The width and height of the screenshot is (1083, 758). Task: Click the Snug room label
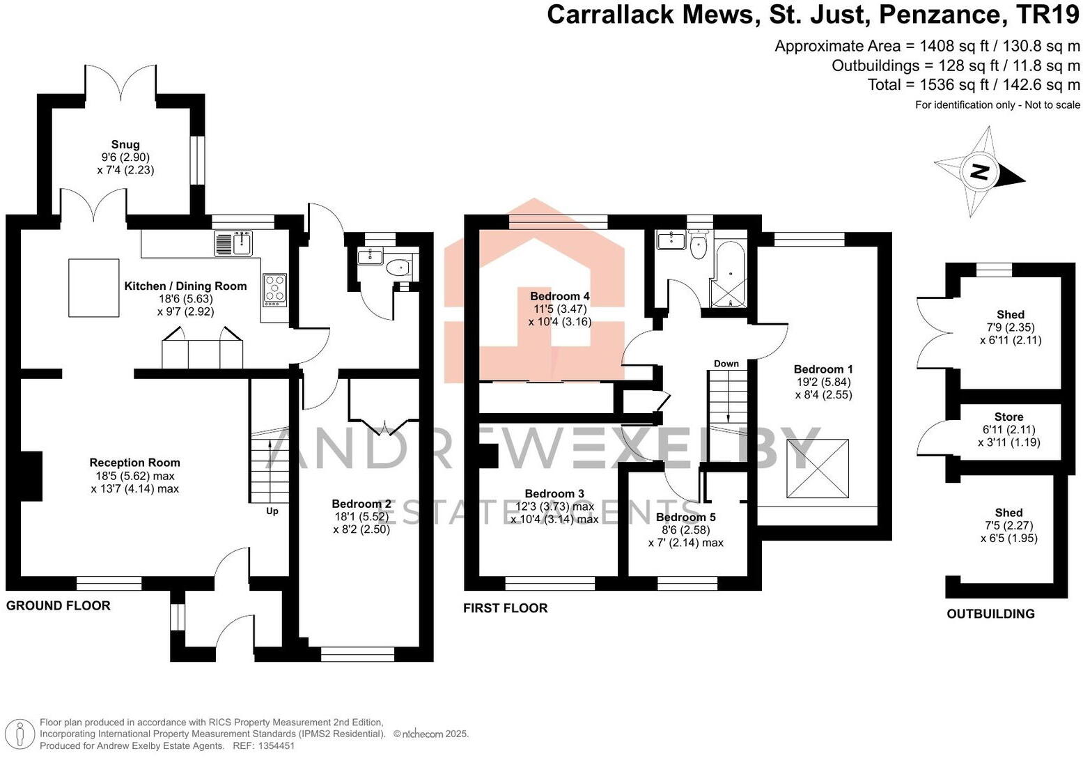tap(125, 145)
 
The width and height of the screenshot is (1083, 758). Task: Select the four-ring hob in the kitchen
tap(274, 289)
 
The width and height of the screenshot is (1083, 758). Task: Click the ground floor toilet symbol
tap(399, 268)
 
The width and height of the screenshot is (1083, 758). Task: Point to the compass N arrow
tap(979, 171)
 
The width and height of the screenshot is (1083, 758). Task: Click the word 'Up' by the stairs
tap(272, 511)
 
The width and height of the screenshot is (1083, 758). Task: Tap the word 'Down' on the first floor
tap(726, 364)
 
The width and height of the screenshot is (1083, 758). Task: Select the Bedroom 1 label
tap(823, 369)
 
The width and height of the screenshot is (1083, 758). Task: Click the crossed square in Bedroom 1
tap(818, 468)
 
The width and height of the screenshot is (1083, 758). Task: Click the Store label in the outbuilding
tap(1008, 417)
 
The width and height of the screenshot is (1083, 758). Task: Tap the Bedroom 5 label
tap(685, 517)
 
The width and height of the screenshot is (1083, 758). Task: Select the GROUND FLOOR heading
tap(59, 605)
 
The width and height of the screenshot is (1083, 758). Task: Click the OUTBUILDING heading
tap(990, 614)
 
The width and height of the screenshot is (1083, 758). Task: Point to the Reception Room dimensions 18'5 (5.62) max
tap(134, 476)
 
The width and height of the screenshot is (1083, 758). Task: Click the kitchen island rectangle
tap(93, 287)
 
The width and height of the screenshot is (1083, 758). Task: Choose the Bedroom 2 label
tap(361, 504)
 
